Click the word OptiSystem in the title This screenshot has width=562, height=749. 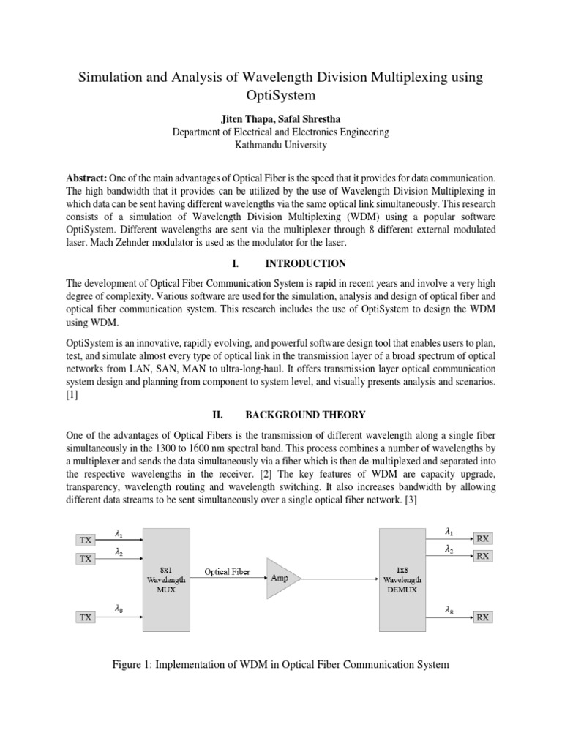(281, 96)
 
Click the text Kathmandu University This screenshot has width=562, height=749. (280, 145)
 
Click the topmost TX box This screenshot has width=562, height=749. (86, 540)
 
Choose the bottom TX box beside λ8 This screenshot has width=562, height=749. (86, 617)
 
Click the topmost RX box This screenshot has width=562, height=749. (484, 539)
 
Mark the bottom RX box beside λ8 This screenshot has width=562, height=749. (484, 617)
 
